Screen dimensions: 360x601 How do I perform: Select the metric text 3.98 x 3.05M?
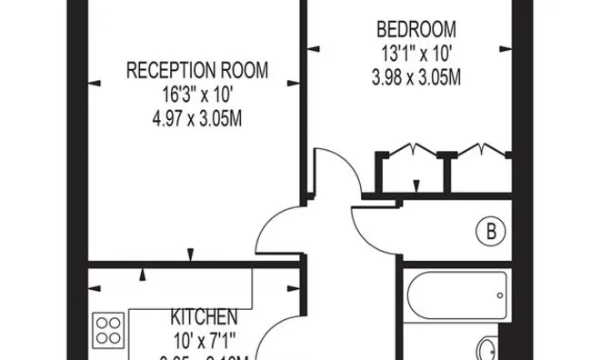pyautogui.click(x=416, y=77)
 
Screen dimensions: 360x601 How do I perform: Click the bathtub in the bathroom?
pyautogui.click(x=455, y=295)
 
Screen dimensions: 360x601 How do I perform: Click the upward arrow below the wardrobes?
pyautogui.click(x=416, y=185)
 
